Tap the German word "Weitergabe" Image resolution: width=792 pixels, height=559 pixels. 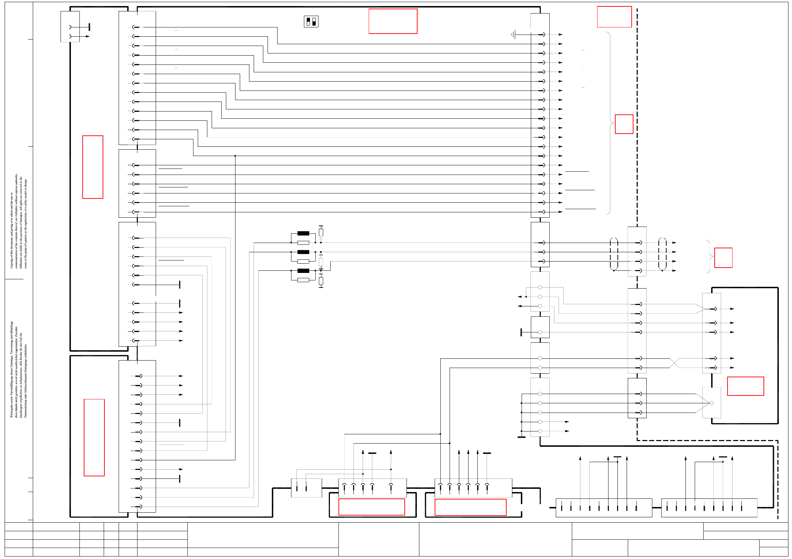click(11, 410)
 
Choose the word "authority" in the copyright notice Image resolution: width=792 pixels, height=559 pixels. click(16, 180)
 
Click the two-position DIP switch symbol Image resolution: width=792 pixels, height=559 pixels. click(311, 22)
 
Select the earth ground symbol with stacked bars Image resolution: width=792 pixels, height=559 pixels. click(513, 35)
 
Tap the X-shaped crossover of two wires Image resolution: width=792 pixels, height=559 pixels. click(674, 363)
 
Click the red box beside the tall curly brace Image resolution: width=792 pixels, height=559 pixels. click(624, 124)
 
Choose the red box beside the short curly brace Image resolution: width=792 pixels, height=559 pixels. click(723, 258)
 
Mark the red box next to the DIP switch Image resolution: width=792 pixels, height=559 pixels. click(393, 21)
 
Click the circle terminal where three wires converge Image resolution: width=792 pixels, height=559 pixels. click(711, 403)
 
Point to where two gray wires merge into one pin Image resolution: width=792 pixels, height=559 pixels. click(705, 309)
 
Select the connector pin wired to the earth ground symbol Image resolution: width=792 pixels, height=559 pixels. click(542, 35)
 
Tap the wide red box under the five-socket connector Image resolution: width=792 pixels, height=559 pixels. click(371, 507)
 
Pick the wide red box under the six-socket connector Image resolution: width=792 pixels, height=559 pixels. click(470, 507)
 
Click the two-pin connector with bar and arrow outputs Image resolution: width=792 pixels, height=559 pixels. click(70, 27)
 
